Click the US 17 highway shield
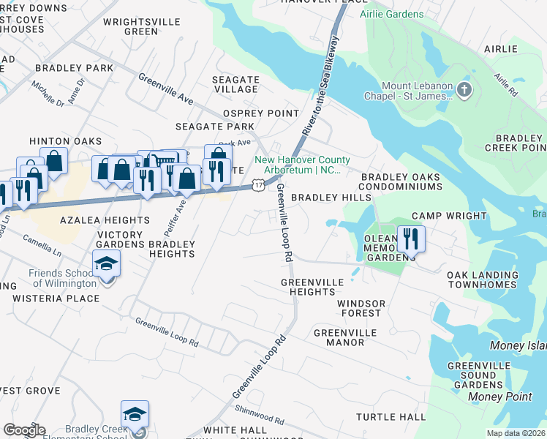258,186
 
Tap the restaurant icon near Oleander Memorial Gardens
410,239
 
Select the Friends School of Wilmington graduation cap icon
106,263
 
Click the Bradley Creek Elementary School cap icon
135,414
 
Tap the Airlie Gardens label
391,14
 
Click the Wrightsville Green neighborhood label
130,27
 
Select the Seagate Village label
235,84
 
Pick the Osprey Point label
261,113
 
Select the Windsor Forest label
359,308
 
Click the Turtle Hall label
391,417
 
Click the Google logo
23,430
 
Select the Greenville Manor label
344,337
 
